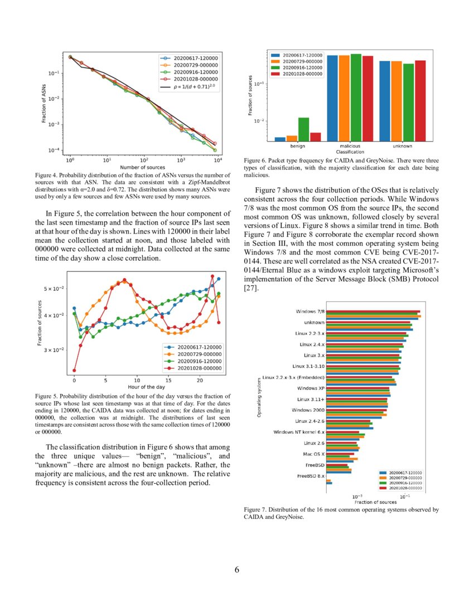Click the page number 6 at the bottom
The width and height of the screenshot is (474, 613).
click(x=237, y=570)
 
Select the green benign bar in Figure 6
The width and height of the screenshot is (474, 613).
click(x=303, y=129)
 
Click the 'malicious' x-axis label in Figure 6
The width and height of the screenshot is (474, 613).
click(x=350, y=146)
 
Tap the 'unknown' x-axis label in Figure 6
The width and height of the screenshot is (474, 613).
click(x=402, y=146)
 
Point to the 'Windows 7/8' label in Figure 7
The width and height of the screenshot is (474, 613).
click(x=310, y=312)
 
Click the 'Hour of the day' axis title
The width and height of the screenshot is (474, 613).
click(x=146, y=386)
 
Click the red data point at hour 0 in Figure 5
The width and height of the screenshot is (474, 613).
click(x=74, y=371)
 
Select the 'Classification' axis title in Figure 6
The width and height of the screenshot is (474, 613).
click(x=350, y=152)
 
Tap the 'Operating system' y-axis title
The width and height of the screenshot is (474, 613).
click(x=259, y=397)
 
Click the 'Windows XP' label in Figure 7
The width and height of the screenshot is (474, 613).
click(x=311, y=388)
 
